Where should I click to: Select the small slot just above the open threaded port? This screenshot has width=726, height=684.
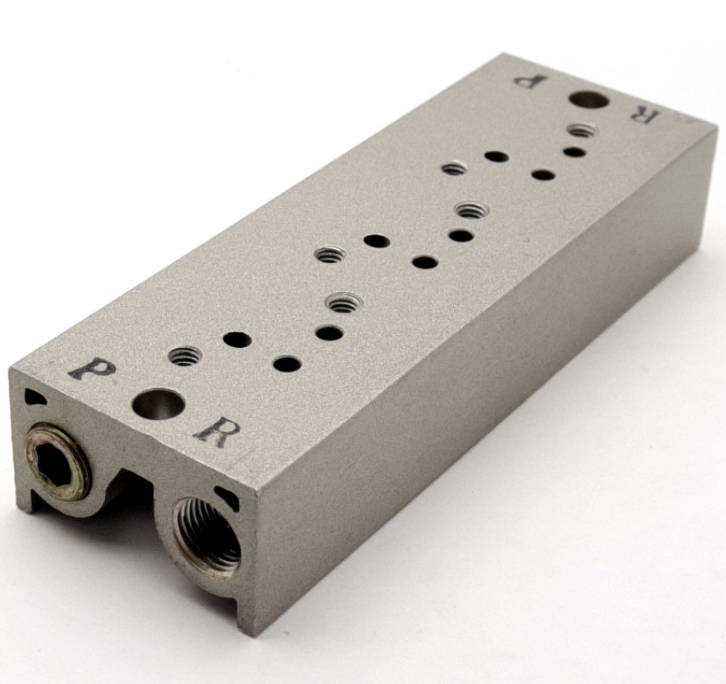tap(227, 497)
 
